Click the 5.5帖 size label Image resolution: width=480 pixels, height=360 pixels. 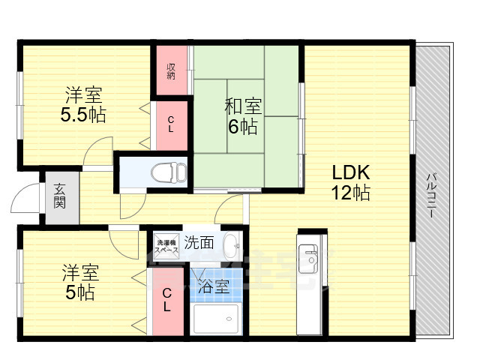tap(83, 115)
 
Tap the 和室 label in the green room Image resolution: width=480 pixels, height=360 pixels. tap(242, 105)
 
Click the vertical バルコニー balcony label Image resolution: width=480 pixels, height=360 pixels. tap(433, 194)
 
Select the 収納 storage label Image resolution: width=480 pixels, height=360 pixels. tap(171, 71)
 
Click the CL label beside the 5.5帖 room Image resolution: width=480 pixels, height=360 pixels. tap(171, 124)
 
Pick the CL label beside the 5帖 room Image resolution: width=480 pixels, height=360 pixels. tap(166, 301)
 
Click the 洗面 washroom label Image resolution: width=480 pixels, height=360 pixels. tap(199, 243)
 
